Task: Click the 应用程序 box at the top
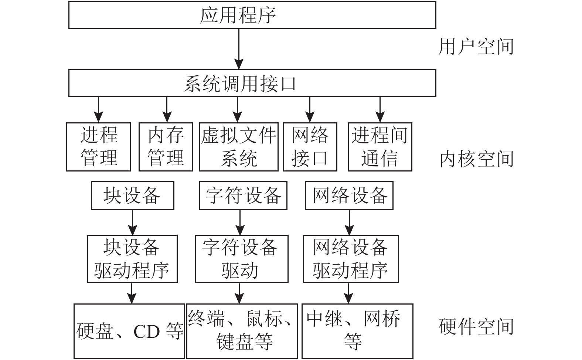[x=252, y=15]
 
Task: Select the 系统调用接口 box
[x=252, y=83]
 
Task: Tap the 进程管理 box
[x=98, y=147]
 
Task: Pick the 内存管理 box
[x=166, y=147]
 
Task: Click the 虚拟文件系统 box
[x=239, y=147]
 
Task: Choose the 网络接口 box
[x=310, y=147]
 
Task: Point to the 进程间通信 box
[x=380, y=147]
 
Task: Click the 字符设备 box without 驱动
[x=243, y=195]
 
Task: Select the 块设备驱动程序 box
[x=132, y=259]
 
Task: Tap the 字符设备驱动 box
[x=241, y=259]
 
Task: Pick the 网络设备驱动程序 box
[x=351, y=259]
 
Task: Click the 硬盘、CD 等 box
[x=129, y=331]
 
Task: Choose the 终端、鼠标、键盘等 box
[x=242, y=331]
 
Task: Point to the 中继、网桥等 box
[x=357, y=331]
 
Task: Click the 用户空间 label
[x=476, y=47]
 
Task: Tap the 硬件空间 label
[x=476, y=327]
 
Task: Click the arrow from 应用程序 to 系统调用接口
[x=239, y=49]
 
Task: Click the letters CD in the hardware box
[x=147, y=332]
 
